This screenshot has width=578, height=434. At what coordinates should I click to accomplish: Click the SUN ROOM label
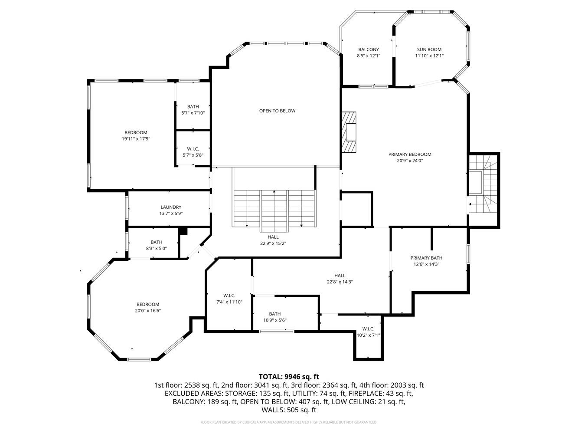(429, 49)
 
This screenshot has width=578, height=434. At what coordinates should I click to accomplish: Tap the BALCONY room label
(369, 49)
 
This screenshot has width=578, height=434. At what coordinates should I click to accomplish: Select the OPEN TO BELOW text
(277, 111)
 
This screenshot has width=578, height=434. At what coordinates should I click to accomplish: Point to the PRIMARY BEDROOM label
(410, 154)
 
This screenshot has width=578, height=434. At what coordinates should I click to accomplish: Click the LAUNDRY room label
(171, 207)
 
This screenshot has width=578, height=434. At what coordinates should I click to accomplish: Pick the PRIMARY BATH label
(426, 258)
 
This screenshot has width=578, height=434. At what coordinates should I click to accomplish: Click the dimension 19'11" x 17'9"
(136, 139)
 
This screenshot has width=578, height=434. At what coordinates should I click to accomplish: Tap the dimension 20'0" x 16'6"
(148, 311)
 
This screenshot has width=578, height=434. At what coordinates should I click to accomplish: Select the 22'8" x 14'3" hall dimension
(340, 282)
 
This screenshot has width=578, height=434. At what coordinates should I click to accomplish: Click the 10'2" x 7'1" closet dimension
(368, 335)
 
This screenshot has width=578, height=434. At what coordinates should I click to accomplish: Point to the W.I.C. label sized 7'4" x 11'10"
(229, 296)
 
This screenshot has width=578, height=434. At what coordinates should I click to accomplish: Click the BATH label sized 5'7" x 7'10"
(193, 106)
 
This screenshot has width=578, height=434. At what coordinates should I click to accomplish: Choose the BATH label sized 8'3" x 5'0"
(157, 242)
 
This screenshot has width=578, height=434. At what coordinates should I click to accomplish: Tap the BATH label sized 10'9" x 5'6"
(274, 314)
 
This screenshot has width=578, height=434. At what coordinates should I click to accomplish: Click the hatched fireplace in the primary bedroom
(349, 132)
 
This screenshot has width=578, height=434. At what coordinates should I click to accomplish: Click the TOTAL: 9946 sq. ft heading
(289, 377)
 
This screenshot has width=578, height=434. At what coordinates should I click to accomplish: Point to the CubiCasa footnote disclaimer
(289, 422)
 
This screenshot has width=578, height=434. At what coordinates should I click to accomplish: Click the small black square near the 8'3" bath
(183, 231)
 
